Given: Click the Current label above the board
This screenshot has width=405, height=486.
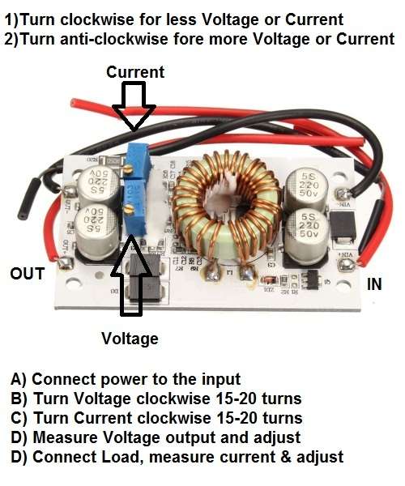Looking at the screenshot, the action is coord(135,72).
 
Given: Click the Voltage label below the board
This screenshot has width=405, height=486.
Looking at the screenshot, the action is coord(130,339).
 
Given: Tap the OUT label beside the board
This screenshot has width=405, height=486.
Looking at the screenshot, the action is coord(28,274).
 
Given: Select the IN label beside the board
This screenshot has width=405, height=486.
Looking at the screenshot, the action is coord(374,284).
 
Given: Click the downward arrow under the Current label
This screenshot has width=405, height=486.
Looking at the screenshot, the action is coord(134,105).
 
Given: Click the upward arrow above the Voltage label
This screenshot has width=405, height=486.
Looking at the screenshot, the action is coord(131,275).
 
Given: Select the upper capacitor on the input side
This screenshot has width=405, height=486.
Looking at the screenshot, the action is coord(307,186).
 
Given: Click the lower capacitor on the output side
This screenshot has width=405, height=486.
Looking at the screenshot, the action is coord(96,228).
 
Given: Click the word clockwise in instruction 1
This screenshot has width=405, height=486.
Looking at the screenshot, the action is coord(97,19).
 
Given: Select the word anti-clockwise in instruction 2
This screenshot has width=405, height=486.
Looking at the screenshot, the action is coord(114,40).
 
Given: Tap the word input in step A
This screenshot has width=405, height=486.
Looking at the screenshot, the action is coord(221,380).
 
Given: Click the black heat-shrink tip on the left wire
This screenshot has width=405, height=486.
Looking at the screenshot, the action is coord(28,198).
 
